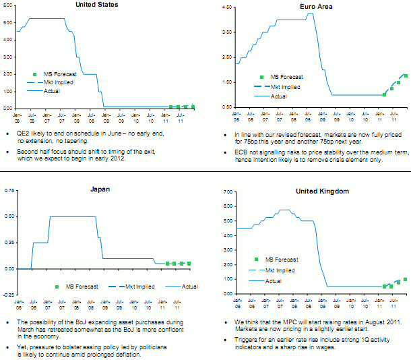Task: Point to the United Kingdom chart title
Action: point(322,191)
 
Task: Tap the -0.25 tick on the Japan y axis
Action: point(8,295)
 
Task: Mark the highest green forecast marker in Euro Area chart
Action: point(406,76)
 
